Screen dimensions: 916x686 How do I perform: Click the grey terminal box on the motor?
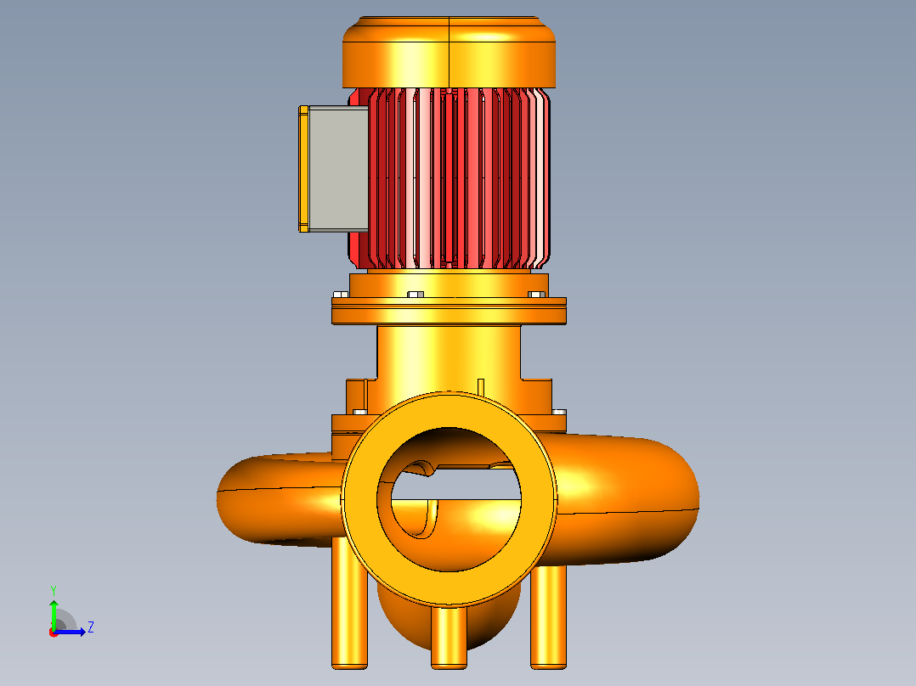click(337, 169)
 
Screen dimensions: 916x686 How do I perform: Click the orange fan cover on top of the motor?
click(449, 53)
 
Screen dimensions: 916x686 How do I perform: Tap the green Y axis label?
click(54, 590)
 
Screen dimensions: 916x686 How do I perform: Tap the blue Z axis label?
click(91, 627)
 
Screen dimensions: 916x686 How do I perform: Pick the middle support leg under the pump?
click(449, 637)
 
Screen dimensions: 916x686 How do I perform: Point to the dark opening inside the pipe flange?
click(449, 449)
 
